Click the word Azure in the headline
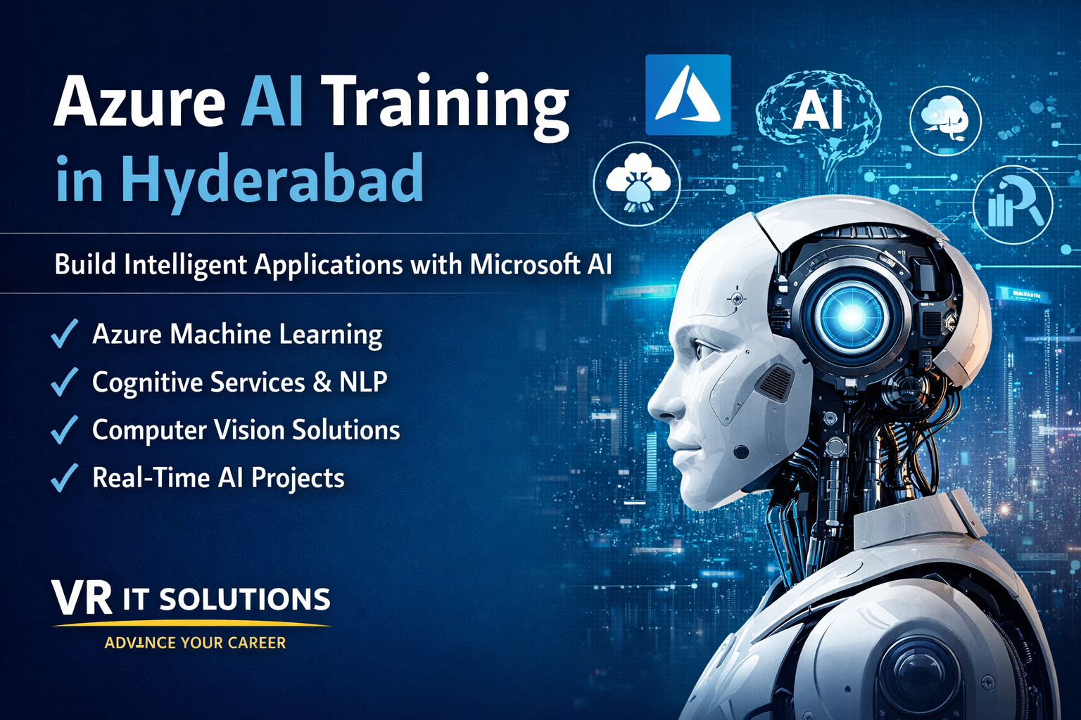pyautogui.click(x=139, y=103)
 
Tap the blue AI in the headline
pyautogui.click(x=272, y=103)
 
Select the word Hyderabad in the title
pyautogui.click(x=272, y=180)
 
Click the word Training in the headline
pyautogui.click(x=445, y=105)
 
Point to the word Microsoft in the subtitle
pyautogui.click(x=524, y=265)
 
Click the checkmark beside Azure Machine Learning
pyautogui.click(x=64, y=334)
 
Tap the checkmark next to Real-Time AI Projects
pyautogui.click(x=64, y=478)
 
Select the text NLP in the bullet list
pyautogui.click(x=363, y=382)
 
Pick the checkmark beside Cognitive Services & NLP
pyautogui.click(x=64, y=382)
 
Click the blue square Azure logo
pyautogui.click(x=688, y=95)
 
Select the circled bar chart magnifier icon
pyautogui.click(x=1013, y=205)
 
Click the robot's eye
pyautogui.click(x=704, y=349)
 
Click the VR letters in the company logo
pyautogui.click(x=82, y=598)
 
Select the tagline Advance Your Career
pyautogui.click(x=195, y=643)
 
